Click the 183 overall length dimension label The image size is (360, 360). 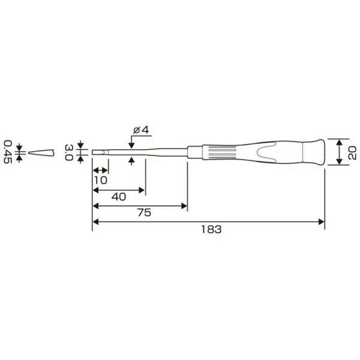coord(211,229)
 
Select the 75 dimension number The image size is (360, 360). coord(145,212)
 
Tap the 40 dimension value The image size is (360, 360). coord(119,197)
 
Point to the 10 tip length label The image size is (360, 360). coord(101,181)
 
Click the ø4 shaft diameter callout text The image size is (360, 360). coord(141,130)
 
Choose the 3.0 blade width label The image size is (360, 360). coord(69,152)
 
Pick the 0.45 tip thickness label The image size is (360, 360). coord(8,152)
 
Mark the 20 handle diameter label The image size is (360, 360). coord(352,152)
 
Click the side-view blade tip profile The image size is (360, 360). coord(41,152)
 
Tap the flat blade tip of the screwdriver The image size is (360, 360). coord(100,152)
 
